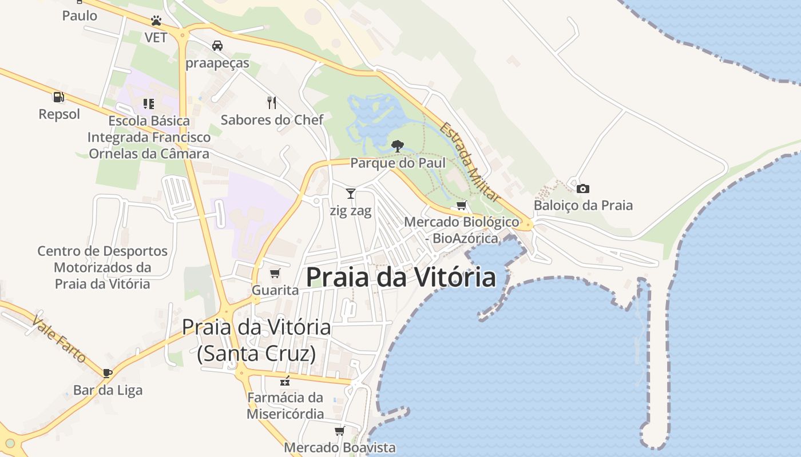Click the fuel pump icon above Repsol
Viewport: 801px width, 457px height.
tap(58, 97)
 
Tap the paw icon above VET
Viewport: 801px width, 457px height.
tap(156, 21)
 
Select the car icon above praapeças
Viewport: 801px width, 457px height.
tap(217, 46)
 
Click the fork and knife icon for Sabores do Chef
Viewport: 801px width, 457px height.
tap(272, 103)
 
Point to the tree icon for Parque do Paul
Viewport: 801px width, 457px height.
tap(397, 146)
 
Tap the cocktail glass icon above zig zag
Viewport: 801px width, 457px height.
tap(351, 194)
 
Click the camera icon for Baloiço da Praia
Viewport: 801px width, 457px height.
tap(583, 189)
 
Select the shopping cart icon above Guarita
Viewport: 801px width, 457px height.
tap(275, 274)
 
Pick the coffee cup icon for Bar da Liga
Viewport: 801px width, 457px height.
tap(107, 374)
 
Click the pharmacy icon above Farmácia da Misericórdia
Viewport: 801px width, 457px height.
tap(285, 381)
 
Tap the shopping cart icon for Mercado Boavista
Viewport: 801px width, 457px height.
tap(340, 431)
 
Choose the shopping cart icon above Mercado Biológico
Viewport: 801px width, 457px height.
tap(461, 206)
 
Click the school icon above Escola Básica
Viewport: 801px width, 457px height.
tap(149, 104)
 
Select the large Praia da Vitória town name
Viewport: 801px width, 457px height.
tap(400, 278)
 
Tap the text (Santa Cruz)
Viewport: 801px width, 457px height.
tap(256, 354)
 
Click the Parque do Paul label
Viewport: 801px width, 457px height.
tap(398, 163)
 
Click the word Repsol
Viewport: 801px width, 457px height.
tap(60, 114)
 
